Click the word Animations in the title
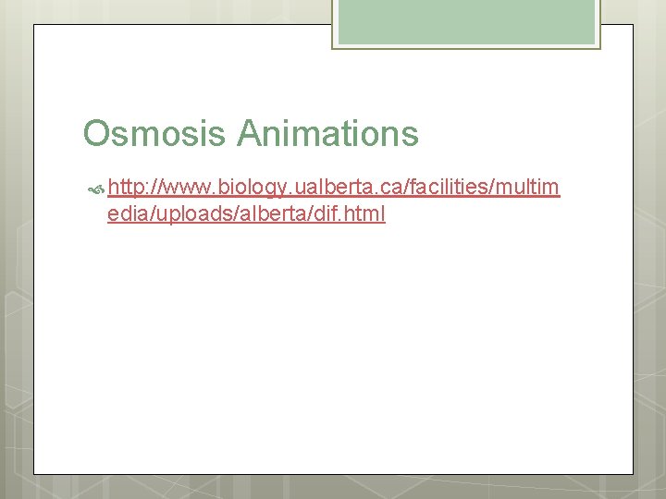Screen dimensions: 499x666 click(327, 134)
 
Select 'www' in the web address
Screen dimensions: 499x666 click(186, 189)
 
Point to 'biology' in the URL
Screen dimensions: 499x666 click(253, 189)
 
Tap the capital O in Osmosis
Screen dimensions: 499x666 click(95, 134)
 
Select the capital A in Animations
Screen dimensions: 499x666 click(249, 134)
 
